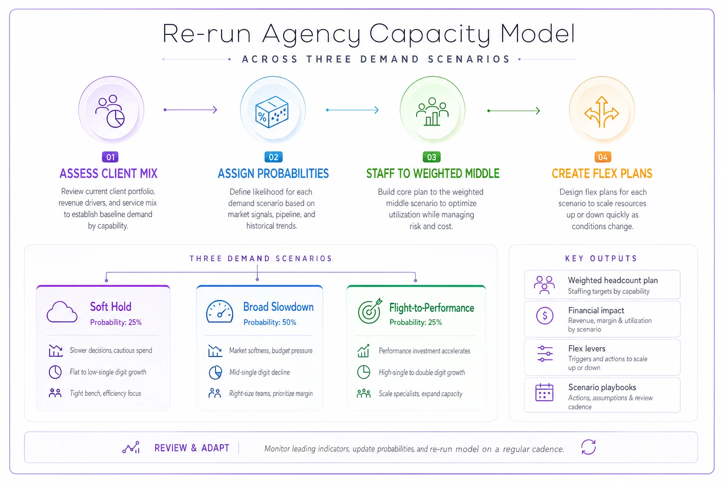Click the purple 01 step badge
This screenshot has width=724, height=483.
(x=110, y=157)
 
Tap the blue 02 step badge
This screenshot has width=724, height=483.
(x=273, y=157)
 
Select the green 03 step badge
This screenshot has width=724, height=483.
(x=431, y=157)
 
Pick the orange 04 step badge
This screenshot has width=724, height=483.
(x=603, y=157)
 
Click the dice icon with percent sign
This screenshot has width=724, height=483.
(x=272, y=112)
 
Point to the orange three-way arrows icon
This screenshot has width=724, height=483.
(x=601, y=112)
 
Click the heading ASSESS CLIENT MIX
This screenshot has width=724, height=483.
(x=108, y=174)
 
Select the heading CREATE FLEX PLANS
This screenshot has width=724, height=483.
(x=602, y=174)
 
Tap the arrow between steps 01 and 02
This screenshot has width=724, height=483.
(x=190, y=110)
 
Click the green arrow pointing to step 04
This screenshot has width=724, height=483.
(x=514, y=111)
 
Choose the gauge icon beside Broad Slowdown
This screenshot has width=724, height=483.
(x=220, y=311)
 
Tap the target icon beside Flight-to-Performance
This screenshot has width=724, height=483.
(x=370, y=311)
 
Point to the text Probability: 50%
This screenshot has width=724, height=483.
(x=270, y=322)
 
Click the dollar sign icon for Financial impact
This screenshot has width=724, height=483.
(x=544, y=316)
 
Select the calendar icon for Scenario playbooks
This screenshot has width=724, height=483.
(x=544, y=392)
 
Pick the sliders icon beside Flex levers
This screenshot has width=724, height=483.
(x=545, y=354)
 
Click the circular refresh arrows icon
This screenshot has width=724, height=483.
(x=588, y=447)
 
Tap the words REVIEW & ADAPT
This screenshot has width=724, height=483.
(x=192, y=448)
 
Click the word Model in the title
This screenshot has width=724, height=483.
(x=538, y=33)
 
